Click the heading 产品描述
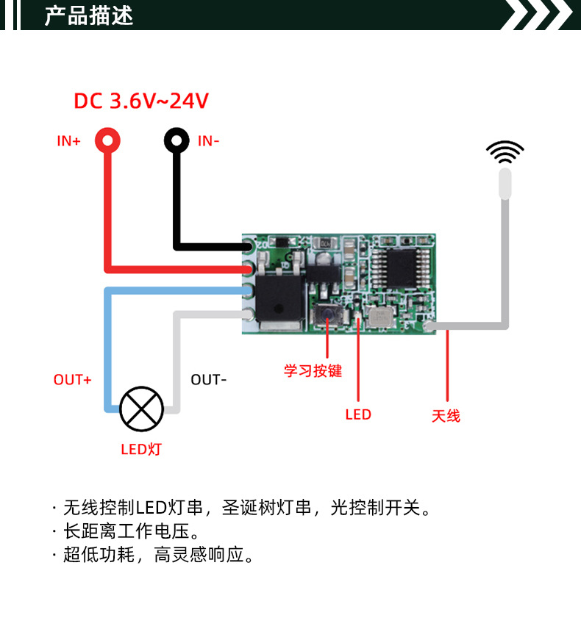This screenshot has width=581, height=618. pos(89,15)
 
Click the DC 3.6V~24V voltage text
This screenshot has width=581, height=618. pos(141,101)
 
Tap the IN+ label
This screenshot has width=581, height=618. pos(69,140)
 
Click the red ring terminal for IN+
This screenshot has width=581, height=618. pos(107,140)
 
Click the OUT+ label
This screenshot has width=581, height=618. pos(72,380)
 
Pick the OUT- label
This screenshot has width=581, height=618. pos(209,380)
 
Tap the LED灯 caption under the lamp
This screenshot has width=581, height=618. pos(141,448)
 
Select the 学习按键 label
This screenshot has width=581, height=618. pos(313,371)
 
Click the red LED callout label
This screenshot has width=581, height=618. pos(358,414)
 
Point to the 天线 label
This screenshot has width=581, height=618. pos(446,416)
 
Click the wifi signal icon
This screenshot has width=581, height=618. pos(505,153)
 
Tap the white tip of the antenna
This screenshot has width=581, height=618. pos(505,183)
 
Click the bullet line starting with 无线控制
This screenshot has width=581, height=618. pos(246,507)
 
